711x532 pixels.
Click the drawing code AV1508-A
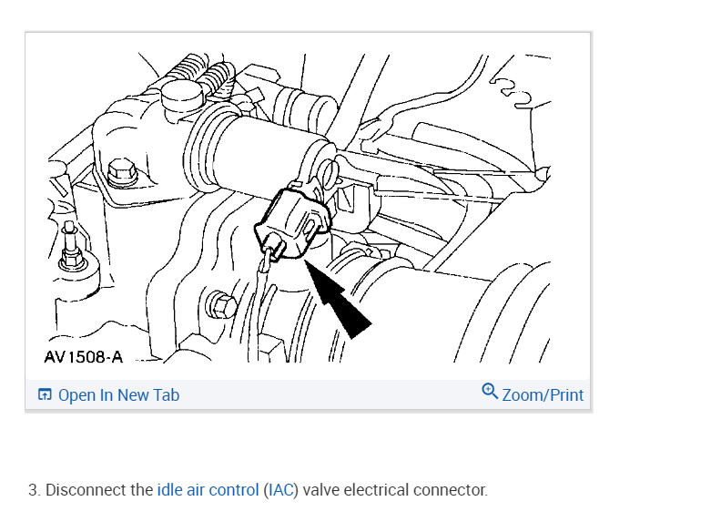(x=83, y=357)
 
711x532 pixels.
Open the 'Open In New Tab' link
(x=118, y=395)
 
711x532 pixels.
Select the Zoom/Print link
(x=543, y=395)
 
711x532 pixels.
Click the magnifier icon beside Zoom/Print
(x=490, y=393)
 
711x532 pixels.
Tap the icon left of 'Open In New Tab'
(x=45, y=395)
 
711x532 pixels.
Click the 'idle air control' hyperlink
(x=208, y=490)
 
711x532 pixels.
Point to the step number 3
(x=33, y=490)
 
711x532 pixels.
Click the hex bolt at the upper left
(x=119, y=171)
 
